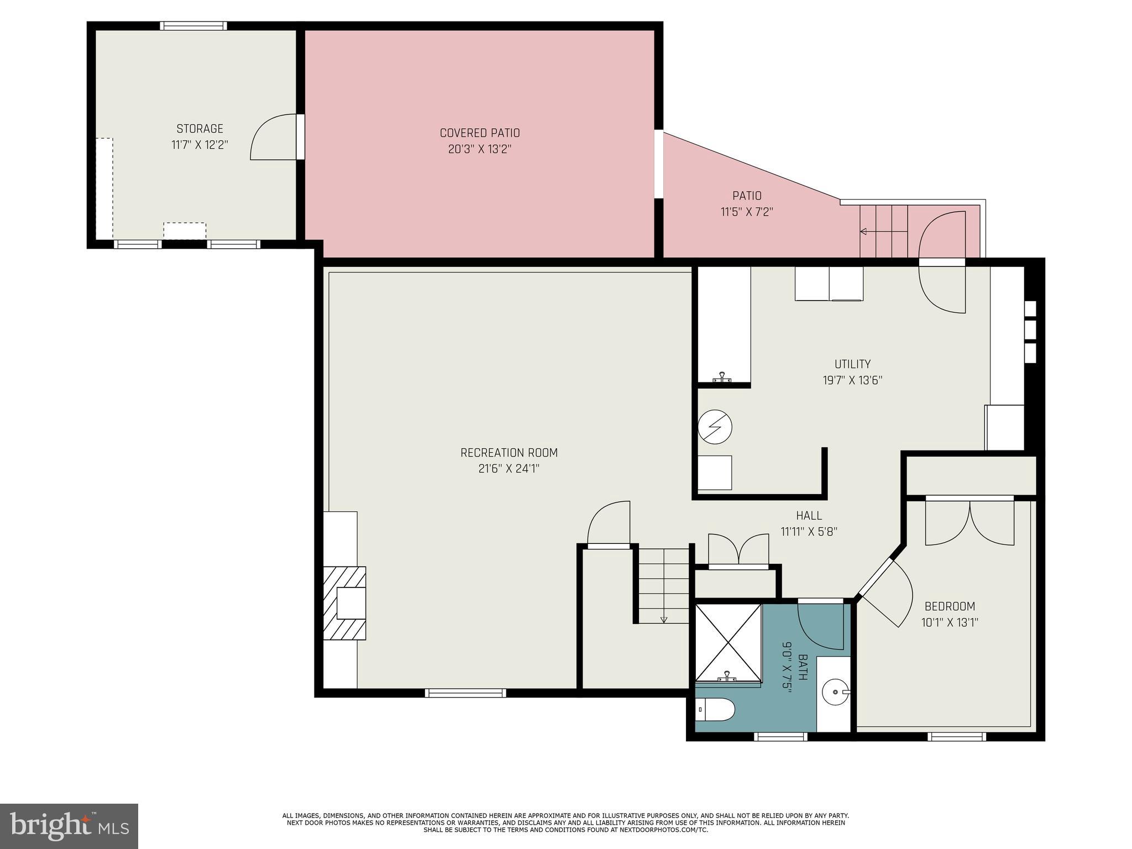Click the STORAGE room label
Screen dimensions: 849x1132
click(x=200, y=129)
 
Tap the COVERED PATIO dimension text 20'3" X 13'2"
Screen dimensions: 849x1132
click(x=479, y=149)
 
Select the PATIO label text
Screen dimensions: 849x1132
click(x=747, y=196)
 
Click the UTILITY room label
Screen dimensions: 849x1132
click(x=852, y=364)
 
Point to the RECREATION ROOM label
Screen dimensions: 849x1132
click(x=509, y=453)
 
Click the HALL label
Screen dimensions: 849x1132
click(x=809, y=516)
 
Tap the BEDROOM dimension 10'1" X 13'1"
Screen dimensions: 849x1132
click(x=950, y=622)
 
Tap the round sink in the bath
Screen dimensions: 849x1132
click(x=835, y=691)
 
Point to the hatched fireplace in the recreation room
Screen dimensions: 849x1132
click(x=345, y=603)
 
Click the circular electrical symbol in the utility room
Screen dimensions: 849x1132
click(x=715, y=427)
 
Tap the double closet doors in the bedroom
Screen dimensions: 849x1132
click(x=969, y=523)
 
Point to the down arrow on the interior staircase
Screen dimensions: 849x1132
click(x=664, y=619)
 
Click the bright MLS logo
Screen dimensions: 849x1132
click(x=69, y=826)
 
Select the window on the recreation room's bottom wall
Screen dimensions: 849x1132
click(x=465, y=693)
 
